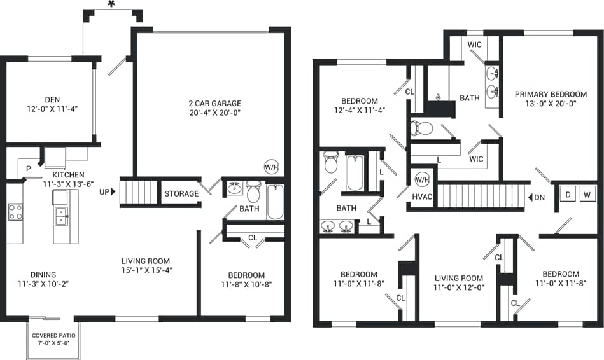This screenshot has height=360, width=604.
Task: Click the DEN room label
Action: (x=52, y=99)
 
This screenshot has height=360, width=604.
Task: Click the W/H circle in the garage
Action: (x=272, y=167)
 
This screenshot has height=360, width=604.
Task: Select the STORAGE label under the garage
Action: (x=181, y=193)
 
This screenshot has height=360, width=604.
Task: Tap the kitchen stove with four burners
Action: (x=16, y=212)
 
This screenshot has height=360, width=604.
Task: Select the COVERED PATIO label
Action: (x=50, y=335)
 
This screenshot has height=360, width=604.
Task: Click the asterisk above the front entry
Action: (x=112, y=5)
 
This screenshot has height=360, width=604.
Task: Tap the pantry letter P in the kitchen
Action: (x=28, y=169)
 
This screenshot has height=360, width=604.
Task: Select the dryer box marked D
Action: (x=566, y=195)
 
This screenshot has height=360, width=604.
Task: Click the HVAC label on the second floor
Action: (x=422, y=197)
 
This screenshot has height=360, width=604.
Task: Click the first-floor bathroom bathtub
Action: (x=276, y=202)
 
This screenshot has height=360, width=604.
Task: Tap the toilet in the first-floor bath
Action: (x=253, y=190)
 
